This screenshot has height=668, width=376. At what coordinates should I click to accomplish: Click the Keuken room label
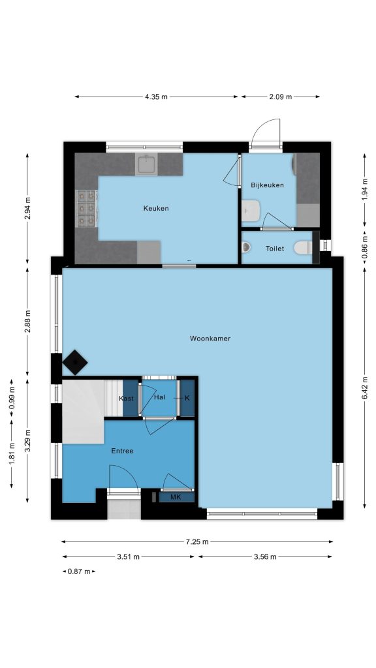[155, 208]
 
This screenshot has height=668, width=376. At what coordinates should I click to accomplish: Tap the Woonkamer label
[210, 339]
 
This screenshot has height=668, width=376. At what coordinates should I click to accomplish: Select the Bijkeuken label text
[267, 185]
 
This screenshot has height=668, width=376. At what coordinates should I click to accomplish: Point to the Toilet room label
[275, 249]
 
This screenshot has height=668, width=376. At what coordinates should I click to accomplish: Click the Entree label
[122, 451]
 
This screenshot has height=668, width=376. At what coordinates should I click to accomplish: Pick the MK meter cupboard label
[176, 496]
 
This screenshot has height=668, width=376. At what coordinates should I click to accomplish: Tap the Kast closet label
[126, 399]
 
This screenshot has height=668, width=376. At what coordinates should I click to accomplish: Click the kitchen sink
[147, 164]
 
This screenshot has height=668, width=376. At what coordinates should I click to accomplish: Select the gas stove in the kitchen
[86, 208]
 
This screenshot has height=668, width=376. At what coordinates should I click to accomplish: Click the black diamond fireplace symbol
[75, 363]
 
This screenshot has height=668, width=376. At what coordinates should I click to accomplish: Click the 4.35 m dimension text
[157, 97]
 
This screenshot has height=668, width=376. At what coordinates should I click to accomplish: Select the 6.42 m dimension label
[365, 388]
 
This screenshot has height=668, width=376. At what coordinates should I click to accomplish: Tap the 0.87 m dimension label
[79, 571]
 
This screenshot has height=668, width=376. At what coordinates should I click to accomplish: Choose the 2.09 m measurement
[281, 97]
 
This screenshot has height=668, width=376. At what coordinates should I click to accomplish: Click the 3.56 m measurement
[265, 557]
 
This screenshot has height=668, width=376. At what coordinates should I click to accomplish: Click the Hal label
[159, 397]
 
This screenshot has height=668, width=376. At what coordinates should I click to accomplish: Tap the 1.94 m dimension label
[365, 190]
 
